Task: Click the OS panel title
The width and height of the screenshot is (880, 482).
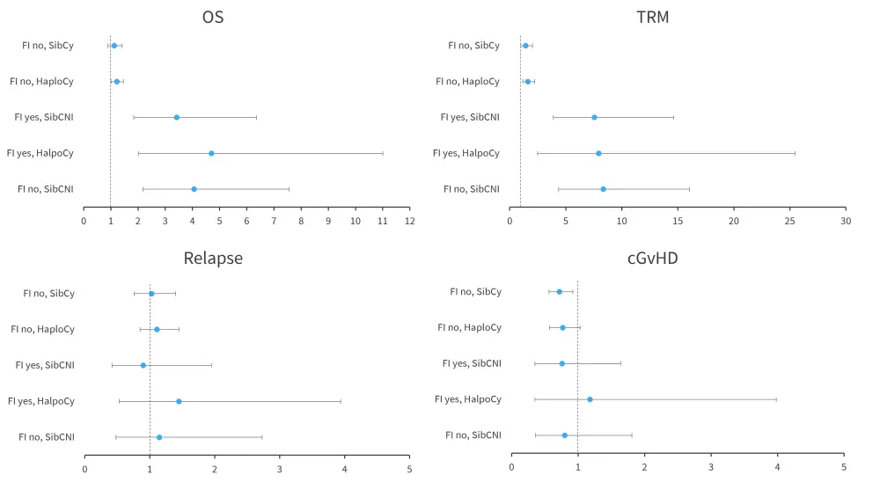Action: pyautogui.click(x=212, y=17)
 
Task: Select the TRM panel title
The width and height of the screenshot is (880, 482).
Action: pyautogui.click(x=652, y=17)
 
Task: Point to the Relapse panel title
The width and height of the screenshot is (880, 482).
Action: pyautogui.click(x=213, y=258)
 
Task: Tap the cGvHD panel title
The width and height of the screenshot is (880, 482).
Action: pyautogui.click(x=652, y=258)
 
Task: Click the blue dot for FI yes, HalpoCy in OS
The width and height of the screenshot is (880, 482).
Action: pyautogui.click(x=211, y=153)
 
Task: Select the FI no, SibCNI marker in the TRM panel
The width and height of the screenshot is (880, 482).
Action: pyautogui.click(x=603, y=189)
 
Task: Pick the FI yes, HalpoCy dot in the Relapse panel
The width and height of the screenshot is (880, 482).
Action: pyautogui.click(x=179, y=401)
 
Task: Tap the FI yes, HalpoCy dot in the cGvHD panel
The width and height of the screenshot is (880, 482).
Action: pyautogui.click(x=590, y=399)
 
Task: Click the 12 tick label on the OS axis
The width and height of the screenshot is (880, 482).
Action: pyautogui.click(x=409, y=221)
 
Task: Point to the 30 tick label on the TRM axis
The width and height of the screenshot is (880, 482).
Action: pyautogui.click(x=845, y=221)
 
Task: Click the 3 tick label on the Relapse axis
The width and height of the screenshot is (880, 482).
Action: pyautogui.click(x=280, y=469)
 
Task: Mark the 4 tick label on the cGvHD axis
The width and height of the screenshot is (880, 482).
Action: pyautogui.click(x=777, y=467)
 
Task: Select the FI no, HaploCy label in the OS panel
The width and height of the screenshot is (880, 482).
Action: pyautogui.click(x=41, y=82)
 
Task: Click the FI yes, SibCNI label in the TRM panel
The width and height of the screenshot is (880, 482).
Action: pyautogui.click(x=470, y=117)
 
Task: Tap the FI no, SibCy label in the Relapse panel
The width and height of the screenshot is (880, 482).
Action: pyautogui.click(x=48, y=294)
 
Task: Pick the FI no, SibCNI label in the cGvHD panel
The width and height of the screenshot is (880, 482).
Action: pyautogui.click(x=473, y=435)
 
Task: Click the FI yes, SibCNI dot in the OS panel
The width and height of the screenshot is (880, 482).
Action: pyautogui.click(x=177, y=117)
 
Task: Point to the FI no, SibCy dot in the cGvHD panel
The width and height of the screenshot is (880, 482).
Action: pyautogui.click(x=559, y=292)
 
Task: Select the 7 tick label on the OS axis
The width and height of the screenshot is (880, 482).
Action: pyautogui.click(x=274, y=221)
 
